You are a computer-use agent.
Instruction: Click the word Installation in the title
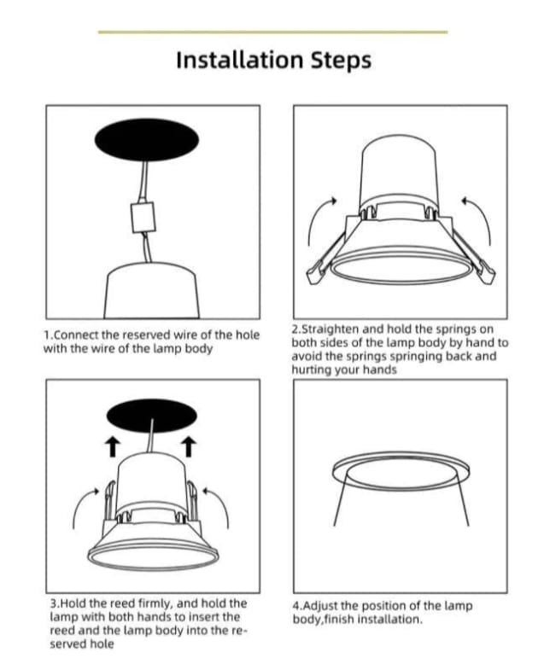tap(239, 60)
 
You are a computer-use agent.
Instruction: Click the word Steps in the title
tap(341, 61)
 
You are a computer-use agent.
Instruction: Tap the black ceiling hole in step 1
tap(147, 140)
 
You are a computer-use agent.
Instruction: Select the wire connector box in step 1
tap(143, 218)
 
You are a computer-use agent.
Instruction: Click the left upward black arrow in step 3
tap(112, 447)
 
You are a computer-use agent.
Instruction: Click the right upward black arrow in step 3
tap(189, 447)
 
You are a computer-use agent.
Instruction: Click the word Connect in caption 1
tap(75, 335)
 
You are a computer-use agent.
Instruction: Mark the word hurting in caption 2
tap(312, 370)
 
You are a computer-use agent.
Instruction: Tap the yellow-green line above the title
tap(272, 32)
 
